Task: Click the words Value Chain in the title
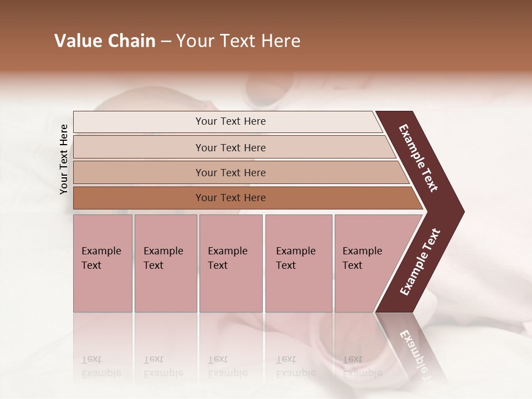pos(105,41)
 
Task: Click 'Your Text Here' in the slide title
pos(238,41)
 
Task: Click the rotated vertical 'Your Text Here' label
pos(64,160)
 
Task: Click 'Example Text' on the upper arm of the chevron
pos(418,158)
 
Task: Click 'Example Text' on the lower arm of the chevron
pos(420,262)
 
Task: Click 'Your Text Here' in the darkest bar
pos(231,198)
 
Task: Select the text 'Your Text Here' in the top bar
pos(231,121)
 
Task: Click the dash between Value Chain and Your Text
pos(166,42)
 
